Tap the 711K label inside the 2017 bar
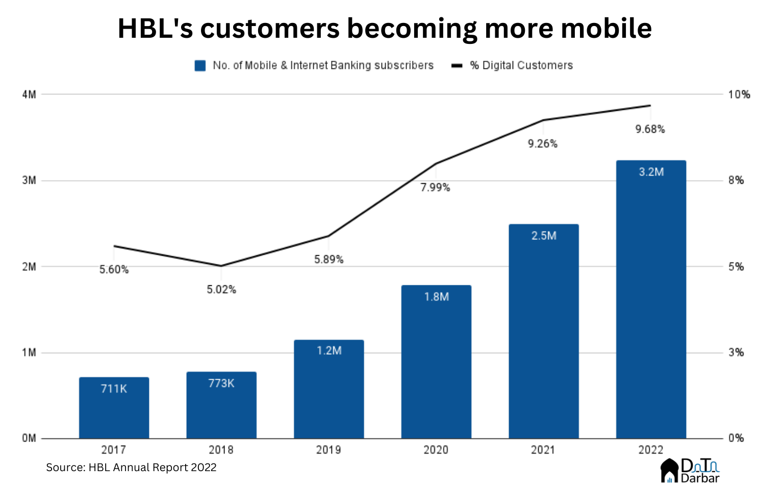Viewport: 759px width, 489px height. [x=114, y=389]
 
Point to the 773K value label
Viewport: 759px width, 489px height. [x=221, y=383]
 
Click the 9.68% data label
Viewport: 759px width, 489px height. [x=650, y=129]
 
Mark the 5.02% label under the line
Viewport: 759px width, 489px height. [x=221, y=290]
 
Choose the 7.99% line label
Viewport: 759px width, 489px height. [x=435, y=188]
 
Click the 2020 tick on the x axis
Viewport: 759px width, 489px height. [x=436, y=450]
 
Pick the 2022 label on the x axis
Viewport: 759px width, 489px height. [x=651, y=450]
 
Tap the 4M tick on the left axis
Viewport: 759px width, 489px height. [x=29, y=94]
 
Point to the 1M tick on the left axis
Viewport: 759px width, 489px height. [x=29, y=353]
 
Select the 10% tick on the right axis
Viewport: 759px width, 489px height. [x=739, y=94]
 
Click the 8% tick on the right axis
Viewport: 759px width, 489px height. [x=736, y=180]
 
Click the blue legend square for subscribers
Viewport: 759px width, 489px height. [x=200, y=66]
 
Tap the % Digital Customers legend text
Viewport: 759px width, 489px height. [x=521, y=65]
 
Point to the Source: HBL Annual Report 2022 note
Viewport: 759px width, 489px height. [x=131, y=468]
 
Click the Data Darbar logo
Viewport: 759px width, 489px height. [x=690, y=471]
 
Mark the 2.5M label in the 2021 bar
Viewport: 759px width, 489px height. [x=544, y=236]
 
